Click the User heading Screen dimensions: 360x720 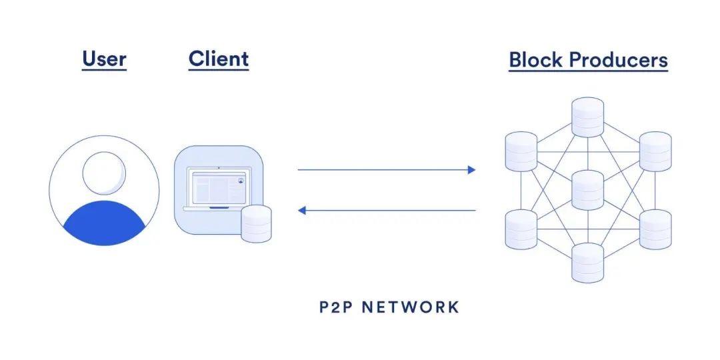104,59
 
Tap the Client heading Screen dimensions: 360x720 219,59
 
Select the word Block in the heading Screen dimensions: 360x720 535,60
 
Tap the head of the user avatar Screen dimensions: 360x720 103,172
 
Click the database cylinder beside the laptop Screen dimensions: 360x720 256,223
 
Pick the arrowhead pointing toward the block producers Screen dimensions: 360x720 471,170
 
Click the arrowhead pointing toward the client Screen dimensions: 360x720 302,211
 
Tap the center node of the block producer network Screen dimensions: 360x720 587,190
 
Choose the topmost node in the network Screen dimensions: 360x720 587,117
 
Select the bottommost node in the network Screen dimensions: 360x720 587,262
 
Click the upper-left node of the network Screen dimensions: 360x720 521,151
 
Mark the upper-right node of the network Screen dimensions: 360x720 655,151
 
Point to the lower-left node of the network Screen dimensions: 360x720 521,229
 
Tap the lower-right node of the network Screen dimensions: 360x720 655,229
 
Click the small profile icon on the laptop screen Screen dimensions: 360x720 241,179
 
